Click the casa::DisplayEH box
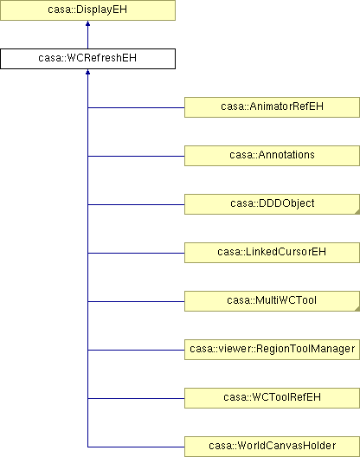pyautogui.click(x=87, y=10)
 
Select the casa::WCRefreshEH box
pyautogui.click(x=87, y=59)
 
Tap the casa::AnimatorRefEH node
pyautogui.click(x=272, y=107)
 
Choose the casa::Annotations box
pyautogui.click(x=272, y=156)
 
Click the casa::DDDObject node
pyautogui.click(x=272, y=204)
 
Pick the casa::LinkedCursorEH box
pyautogui.click(x=272, y=253)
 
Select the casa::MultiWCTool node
pyautogui.click(x=272, y=301)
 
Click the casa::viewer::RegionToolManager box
pyautogui.click(x=272, y=350)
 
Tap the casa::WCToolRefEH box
pyautogui.click(x=272, y=398)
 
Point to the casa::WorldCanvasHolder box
pyautogui.click(x=272, y=447)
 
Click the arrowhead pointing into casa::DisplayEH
pyautogui.click(x=87, y=23)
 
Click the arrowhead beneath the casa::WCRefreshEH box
pyautogui.click(x=87, y=72)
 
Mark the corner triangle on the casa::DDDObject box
pyautogui.click(x=357, y=212)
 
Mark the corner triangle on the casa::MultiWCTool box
pyautogui.click(x=357, y=309)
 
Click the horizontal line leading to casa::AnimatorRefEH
pyautogui.click(x=136, y=107)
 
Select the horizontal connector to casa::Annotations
pyautogui.click(x=136, y=156)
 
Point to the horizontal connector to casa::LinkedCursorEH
pyautogui.click(x=136, y=253)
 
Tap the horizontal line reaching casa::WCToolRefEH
pyautogui.click(x=136, y=398)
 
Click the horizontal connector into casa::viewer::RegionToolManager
pyautogui.click(x=136, y=350)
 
